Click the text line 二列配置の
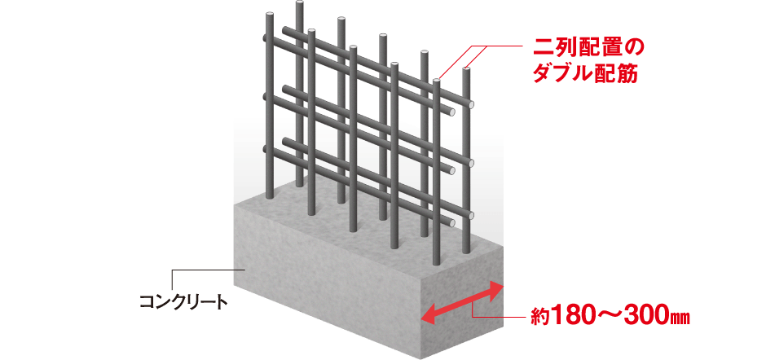click(588, 48)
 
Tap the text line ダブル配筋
click(585, 74)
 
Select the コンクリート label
click(183, 302)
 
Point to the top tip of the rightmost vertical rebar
click(467, 70)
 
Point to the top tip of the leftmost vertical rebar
click(269, 16)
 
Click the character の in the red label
click(635, 48)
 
